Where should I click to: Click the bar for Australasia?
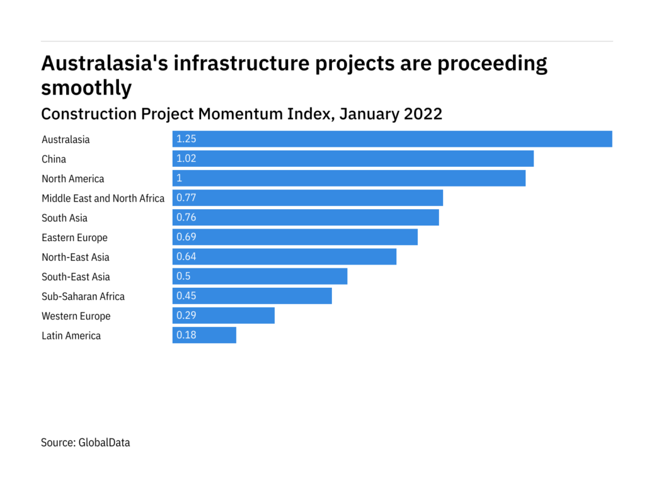(392, 139)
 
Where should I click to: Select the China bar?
(353, 159)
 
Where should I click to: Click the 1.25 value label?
(186, 139)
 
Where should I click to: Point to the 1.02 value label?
(186, 159)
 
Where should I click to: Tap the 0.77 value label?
(186, 198)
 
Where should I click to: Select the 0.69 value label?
(186, 237)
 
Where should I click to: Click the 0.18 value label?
(186, 335)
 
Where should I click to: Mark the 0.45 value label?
(186, 296)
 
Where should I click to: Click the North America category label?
(73, 179)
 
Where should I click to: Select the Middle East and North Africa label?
(103, 198)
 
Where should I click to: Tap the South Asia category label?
(64, 218)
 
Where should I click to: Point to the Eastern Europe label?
(74, 237)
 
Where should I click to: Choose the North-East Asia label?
(76, 257)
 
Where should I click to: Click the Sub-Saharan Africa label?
(83, 296)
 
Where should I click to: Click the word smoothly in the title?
(86, 88)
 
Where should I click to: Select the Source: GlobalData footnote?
(86, 442)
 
